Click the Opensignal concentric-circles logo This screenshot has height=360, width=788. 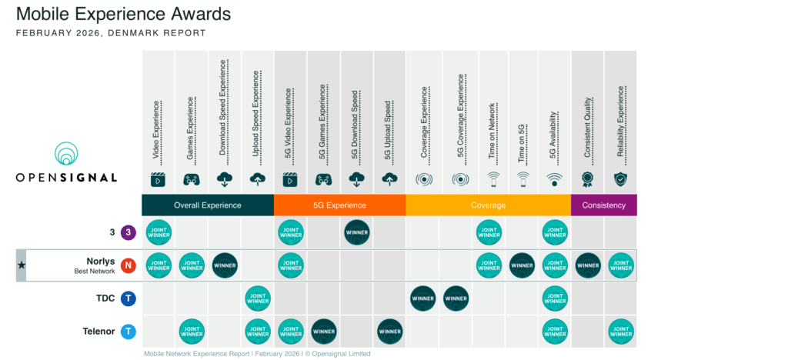(x=67, y=154)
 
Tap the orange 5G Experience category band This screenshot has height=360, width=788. (x=339, y=205)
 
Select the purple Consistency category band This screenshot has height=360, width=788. (x=603, y=205)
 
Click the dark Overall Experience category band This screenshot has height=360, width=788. (x=208, y=205)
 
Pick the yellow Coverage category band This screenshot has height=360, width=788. (x=488, y=205)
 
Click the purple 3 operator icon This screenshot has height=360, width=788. (x=129, y=232)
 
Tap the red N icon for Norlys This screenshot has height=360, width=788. (x=129, y=265)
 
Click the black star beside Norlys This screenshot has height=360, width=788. (x=21, y=265)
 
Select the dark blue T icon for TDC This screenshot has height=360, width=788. (x=129, y=298)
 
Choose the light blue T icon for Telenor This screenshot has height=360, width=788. (x=129, y=332)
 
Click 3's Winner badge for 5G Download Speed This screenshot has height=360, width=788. (x=357, y=232)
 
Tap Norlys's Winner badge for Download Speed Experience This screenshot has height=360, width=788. (x=225, y=265)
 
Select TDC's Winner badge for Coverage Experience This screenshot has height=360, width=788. (x=423, y=298)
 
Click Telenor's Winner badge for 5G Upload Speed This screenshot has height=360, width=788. (x=390, y=332)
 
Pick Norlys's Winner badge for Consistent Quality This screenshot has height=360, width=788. (x=588, y=265)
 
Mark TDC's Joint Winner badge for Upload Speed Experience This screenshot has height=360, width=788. (x=258, y=298)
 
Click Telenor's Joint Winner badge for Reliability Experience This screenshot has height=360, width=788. (x=621, y=332)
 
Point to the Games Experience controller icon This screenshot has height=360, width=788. (x=192, y=179)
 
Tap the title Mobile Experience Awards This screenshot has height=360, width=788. (x=124, y=14)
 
